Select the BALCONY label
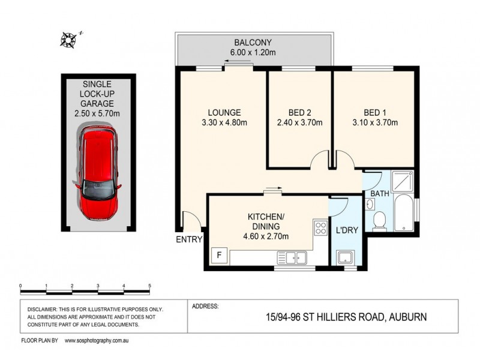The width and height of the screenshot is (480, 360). tap(253, 43)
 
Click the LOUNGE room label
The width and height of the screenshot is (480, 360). tap(224, 112)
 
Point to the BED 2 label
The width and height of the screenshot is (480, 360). tap(299, 112)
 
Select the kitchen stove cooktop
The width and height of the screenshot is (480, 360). tap(319, 228)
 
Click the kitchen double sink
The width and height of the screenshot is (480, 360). tap(292, 258)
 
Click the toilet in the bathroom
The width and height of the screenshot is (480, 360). tap(379, 221)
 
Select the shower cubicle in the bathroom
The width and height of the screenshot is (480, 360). tap(401, 181)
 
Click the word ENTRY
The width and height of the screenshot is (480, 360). tap(189, 240)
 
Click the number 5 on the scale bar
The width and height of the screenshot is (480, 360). tap(149, 286)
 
